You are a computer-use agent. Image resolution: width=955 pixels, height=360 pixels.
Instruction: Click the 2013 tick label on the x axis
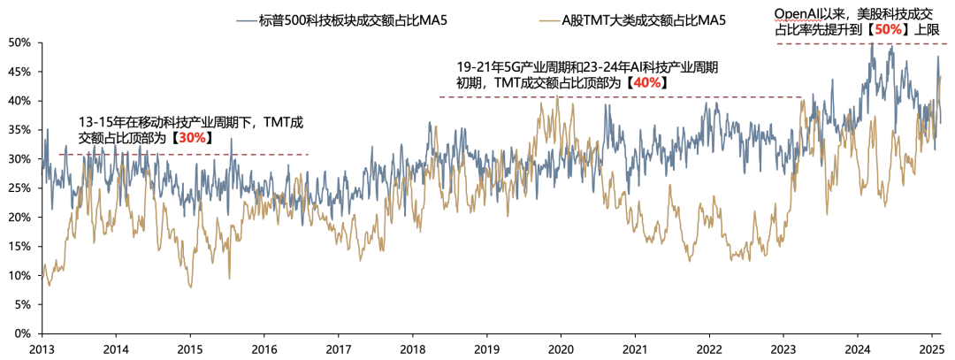click(42, 349)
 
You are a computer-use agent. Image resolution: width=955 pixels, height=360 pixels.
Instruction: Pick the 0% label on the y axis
click(23, 333)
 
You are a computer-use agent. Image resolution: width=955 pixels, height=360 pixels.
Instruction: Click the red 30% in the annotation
click(192, 138)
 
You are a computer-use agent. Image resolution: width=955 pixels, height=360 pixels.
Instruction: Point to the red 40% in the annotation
click(647, 82)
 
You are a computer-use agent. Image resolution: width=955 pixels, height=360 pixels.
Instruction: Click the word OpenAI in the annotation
click(799, 13)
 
